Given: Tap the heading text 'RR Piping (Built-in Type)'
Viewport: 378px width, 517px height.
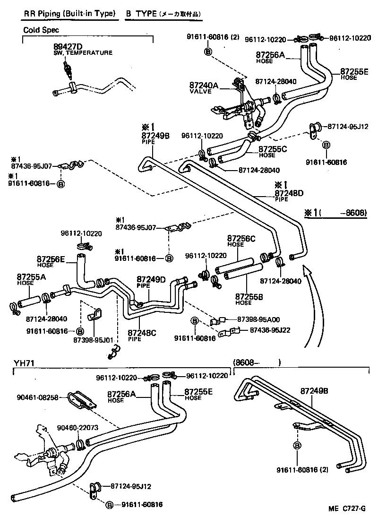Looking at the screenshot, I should (x=70, y=14).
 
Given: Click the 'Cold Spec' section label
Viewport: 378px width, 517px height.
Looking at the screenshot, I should (x=41, y=30).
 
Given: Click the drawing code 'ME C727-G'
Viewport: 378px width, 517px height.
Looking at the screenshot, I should (x=347, y=508).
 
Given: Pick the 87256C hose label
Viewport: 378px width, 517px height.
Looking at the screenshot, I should (x=241, y=239).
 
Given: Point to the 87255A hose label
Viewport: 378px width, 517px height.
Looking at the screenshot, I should (x=31, y=277).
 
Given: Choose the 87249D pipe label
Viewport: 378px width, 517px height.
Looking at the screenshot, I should (x=151, y=280).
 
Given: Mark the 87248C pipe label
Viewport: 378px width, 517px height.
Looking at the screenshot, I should (x=142, y=333).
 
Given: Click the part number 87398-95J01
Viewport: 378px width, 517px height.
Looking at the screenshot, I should (x=94, y=340).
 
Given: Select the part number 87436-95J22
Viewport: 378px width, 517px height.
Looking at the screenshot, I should (x=270, y=330).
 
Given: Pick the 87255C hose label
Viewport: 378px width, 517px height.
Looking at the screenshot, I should (x=273, y=149).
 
